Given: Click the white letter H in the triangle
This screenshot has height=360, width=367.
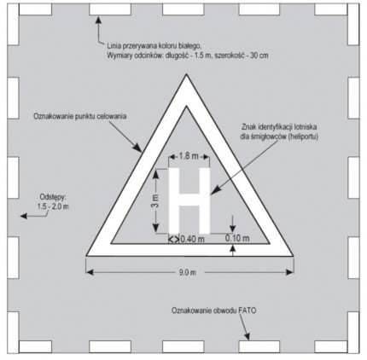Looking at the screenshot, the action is [189, 200].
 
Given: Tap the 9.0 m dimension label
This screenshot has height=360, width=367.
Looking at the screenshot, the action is [188, 272].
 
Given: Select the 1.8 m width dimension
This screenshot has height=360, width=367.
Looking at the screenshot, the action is [189, 156].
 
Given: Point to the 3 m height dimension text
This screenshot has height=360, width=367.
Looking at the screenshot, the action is [155, 201].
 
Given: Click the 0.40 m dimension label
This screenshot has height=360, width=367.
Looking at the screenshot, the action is [192, 239].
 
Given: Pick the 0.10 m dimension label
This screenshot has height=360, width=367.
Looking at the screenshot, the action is [237, 238].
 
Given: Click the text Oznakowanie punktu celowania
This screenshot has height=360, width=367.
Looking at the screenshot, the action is [80, 117].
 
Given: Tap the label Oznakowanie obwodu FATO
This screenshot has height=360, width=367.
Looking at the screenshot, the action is [213, 311].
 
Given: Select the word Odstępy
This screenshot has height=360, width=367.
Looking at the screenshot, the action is [53, 197].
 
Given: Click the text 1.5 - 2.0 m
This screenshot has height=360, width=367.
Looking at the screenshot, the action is [53, 206].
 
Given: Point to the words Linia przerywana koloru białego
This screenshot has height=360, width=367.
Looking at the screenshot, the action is [154, 45].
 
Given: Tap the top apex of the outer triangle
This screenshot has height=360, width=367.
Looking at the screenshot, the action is [186, 74].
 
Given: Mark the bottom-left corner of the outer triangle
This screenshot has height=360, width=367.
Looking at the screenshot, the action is [86, 256].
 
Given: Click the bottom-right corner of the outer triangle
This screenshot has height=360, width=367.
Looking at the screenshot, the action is [294, 256].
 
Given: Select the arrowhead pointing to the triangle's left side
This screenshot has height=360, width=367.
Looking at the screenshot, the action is [138, 148].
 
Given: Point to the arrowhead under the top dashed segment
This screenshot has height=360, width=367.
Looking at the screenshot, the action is [98, 20].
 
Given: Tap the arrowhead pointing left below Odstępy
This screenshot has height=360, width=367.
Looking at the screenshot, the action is [24, 216].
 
